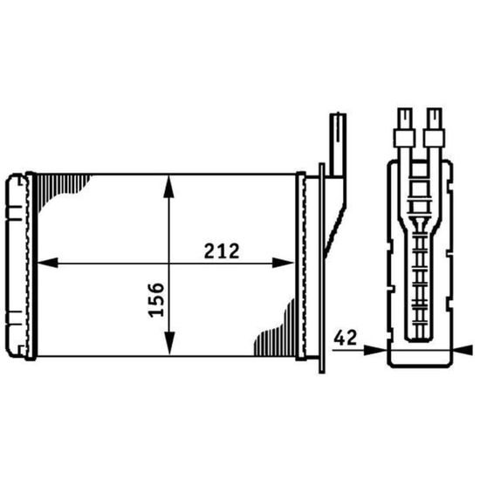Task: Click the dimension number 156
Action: [x=158, y=298]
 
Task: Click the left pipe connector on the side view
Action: [x=406, y=127]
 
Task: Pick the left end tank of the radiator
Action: [x=17, y=264]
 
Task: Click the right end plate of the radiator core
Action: [x=302, y=264]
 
